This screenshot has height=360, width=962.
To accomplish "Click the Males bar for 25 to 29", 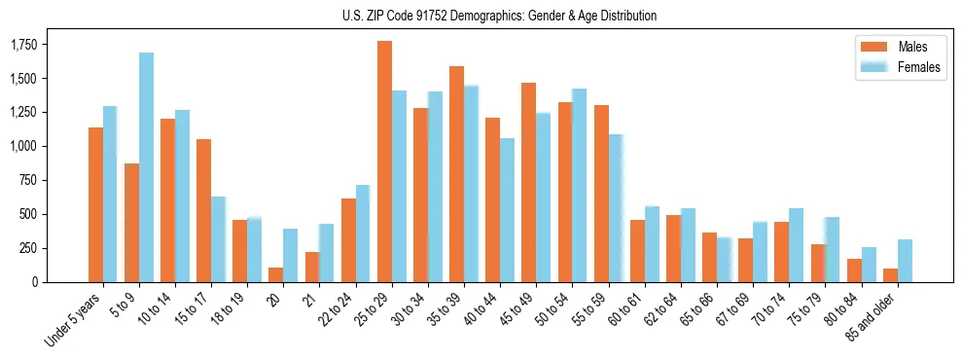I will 384,162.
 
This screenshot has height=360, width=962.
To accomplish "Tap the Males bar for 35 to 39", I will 456,174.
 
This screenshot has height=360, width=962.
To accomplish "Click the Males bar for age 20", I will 275,274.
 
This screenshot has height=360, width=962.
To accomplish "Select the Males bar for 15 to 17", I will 203,210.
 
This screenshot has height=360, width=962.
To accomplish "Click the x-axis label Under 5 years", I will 72,321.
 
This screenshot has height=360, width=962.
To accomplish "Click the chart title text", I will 499,16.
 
